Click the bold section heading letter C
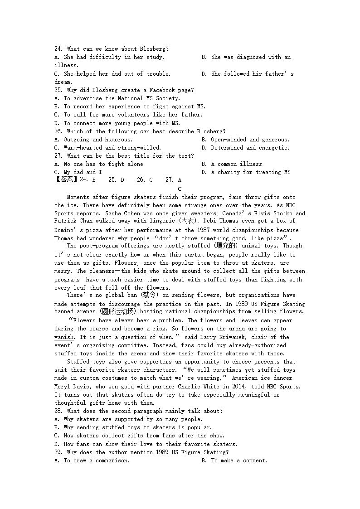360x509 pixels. (x=180, y=189)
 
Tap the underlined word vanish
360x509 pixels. (x=64, y=337)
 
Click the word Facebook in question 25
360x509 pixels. (x=161, y=90)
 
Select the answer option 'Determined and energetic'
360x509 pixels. (x=250, y=148)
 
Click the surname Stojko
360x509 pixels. (x=284, y=213)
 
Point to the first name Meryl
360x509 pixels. (x=64, y=387)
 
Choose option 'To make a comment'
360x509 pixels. (x=239, y=461)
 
